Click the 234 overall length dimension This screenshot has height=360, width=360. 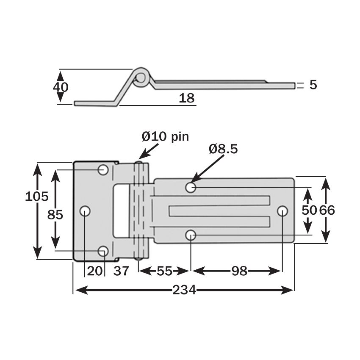click(184, 290)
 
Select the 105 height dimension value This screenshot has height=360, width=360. click(37, 197)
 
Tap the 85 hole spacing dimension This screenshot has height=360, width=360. click(55, 215)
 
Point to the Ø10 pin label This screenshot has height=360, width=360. click(165, 136)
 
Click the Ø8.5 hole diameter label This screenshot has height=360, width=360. click(223, 149)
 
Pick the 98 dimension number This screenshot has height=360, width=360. click(239, 271)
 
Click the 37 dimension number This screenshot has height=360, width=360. click(121, 271)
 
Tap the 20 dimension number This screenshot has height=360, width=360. click(95, 271)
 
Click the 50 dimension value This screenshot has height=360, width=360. click(308, 210)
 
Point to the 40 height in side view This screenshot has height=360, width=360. click(61, 87)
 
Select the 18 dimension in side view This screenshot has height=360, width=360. click(186, 98)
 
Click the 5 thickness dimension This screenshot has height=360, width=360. click(313, 85)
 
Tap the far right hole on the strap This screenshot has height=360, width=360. click(282, 210)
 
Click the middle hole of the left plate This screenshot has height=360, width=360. click(86, 210)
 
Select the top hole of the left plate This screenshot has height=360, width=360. click(103, 170)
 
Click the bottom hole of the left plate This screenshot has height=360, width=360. click(103, 251)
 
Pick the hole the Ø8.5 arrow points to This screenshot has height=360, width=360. click(191, 187)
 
